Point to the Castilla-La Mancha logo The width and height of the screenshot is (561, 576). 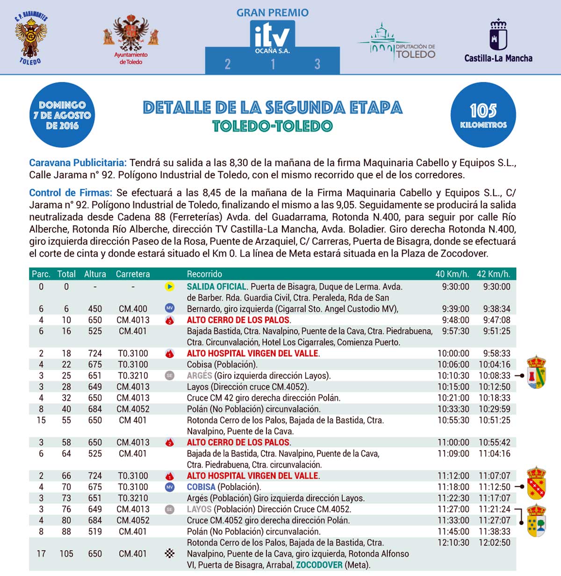tap(498, 41)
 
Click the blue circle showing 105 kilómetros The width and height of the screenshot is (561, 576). tap(483, 115)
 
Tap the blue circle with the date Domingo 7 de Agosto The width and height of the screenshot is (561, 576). tap(62, 115)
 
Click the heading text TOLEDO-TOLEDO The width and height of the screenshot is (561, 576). tap(272, 126)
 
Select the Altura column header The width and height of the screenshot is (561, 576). tap(95, 274)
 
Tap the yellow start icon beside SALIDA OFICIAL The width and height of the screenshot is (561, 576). tap(170, 286)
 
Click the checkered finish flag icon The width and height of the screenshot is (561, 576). tap(170, 554)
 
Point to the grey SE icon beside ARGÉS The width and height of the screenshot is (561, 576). tap(170, 376)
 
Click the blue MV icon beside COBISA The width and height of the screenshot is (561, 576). tap(170, 487)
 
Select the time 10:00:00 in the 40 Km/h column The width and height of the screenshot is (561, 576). tap(453, 354)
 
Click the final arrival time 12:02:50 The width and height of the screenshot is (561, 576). tap(494, 543)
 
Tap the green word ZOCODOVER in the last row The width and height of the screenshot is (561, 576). tap(319, 565)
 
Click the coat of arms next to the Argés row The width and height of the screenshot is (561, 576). tap(536, 372)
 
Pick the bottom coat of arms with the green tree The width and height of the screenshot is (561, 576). tap(536, 521)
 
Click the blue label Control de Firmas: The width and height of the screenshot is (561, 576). tap(71, 193)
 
